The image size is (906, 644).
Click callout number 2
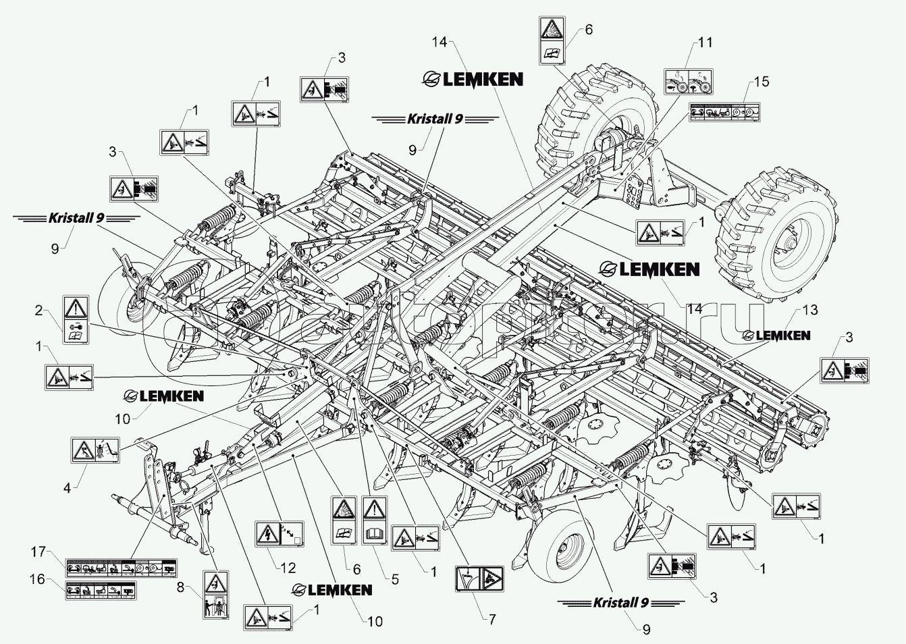(x=39, y=311)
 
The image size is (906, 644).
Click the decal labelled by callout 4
(x=95, y=449)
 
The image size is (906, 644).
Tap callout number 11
(x=705, y=43)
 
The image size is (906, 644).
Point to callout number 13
(x=809, y=310)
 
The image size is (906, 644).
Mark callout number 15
(x=762, y=82)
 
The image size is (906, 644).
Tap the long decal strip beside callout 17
(x=121, y=567)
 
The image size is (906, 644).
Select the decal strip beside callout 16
(x=99, y=590)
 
